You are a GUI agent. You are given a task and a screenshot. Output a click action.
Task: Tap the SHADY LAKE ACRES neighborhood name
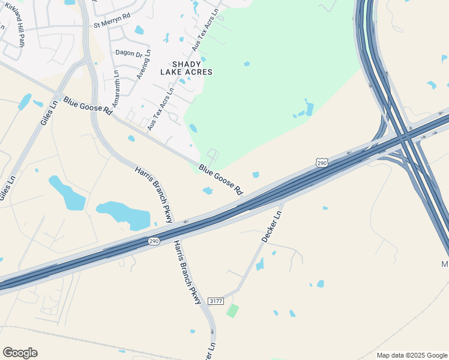(186, 67)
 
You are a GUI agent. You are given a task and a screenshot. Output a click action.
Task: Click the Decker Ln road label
(271, 226)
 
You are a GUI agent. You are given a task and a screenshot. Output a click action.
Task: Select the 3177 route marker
(216, 301)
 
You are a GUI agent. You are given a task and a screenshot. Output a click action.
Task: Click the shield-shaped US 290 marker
(322, 163)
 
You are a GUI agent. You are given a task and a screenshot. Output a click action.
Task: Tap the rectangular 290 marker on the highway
(154, 241)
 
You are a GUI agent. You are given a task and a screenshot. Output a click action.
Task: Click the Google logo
(20, 353)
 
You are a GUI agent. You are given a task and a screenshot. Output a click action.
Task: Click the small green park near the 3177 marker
(232, 311)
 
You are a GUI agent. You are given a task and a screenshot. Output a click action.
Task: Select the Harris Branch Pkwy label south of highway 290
(188, 272)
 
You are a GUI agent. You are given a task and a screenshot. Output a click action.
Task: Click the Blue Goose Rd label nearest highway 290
(221, 180)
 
